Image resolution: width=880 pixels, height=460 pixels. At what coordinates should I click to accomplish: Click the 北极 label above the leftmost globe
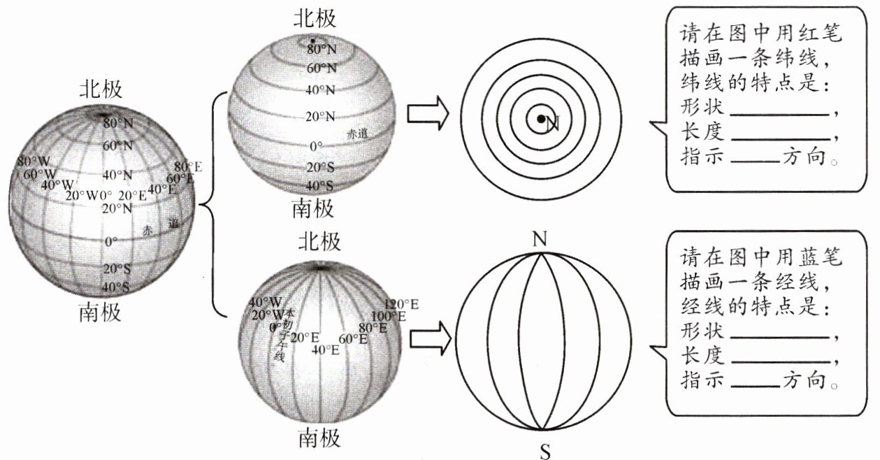101,89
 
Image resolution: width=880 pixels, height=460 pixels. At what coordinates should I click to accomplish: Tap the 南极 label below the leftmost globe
101,312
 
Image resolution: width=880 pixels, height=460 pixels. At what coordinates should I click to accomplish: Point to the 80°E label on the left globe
187,167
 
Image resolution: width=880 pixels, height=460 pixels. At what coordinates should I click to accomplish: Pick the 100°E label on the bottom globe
389,316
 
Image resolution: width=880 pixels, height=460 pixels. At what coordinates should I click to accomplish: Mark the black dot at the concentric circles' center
540,120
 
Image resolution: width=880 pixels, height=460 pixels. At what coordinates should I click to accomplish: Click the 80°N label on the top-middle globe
322,50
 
